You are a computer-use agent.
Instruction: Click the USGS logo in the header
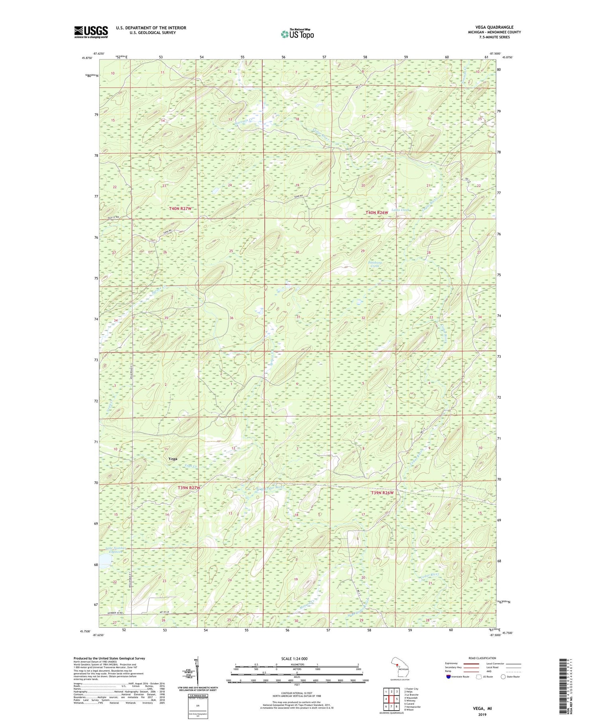click(x=91, y=32)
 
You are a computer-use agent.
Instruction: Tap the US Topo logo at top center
click(x=297, y=34)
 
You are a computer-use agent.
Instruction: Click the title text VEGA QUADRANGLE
click(x=494, y=28)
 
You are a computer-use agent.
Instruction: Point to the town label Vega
click(x=173, y=459)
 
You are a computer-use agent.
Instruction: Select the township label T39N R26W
click(x=382, y=493)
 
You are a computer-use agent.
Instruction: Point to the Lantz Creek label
click(x=400, y=210)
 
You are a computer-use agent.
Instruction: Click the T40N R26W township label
click(x=377, y=213)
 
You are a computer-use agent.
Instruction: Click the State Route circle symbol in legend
click(x=504, y=676)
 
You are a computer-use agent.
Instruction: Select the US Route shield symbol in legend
click(x=479, y=676)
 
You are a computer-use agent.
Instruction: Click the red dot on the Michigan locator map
click(x=397, y=664)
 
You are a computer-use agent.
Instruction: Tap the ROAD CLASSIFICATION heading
click(x=482, y=658)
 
